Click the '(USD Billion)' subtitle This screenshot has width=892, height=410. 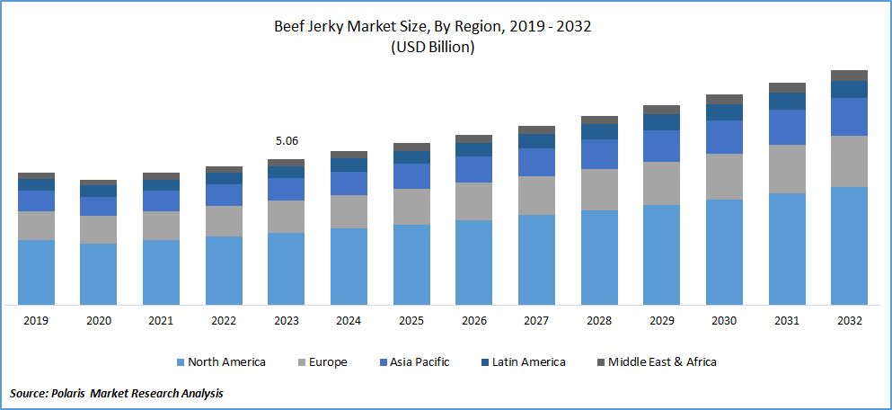point(432,48)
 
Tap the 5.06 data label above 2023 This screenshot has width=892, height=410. point(287,141)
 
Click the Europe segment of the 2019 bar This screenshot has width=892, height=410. point(37,226)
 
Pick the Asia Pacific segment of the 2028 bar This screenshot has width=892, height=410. point(599,154)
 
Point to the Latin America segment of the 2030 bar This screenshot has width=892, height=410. point(724,111)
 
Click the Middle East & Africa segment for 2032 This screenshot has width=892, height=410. point(849,76)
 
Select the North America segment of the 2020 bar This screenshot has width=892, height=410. point(99,273)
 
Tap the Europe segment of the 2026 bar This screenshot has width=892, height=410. point(473,201)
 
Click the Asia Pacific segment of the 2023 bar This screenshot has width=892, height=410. point(287,189)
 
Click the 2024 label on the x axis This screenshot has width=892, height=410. point(349,320)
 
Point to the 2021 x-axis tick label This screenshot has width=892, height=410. point(161,320)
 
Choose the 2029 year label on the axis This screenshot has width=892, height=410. point(661,320)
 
